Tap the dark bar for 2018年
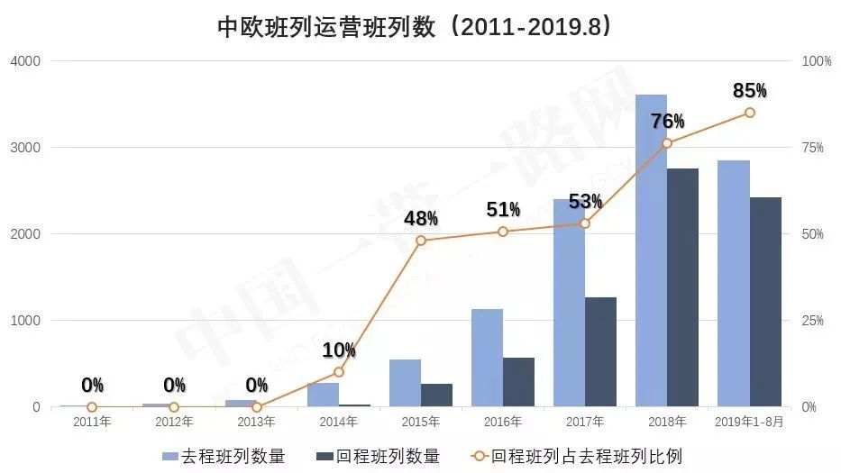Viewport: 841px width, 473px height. click(x=682, y=287)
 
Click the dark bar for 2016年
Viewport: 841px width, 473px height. click(x=518, y=382)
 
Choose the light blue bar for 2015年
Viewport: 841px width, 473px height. click(x=405, y=383)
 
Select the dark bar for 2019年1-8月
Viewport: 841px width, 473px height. click(x=765, y=302)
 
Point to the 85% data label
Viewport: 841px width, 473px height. click(x=750, y=90)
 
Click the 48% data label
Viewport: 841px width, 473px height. click(x=421, y=218)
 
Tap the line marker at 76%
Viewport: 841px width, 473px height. click(x=667, y=143)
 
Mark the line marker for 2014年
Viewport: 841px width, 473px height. click(x=339, y=371)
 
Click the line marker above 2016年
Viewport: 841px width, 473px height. click(x=503, y=232)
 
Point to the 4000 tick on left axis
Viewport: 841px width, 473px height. click(x=25, y=61)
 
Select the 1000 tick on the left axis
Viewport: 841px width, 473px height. click(x=25, y=321)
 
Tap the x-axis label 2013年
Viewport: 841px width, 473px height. click(x=256, y=422)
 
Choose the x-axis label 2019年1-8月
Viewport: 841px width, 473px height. click(x=749, y=422)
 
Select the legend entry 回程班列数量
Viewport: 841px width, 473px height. click(x=379, y=456)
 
